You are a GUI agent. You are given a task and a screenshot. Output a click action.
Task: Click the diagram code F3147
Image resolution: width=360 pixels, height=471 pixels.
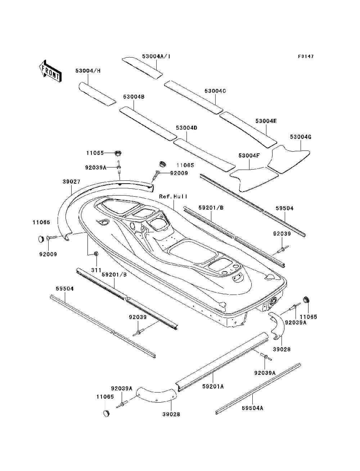306,57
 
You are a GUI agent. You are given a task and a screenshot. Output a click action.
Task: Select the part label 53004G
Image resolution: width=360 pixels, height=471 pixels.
300,137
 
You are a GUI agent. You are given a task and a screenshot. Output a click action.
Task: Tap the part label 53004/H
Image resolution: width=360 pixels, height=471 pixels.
88,71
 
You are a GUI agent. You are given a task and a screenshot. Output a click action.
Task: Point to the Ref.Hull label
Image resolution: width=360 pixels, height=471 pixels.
173,197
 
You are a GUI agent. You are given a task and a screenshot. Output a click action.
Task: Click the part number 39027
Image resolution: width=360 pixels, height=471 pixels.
71,182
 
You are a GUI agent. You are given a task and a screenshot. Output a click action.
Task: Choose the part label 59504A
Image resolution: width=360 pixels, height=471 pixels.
252,408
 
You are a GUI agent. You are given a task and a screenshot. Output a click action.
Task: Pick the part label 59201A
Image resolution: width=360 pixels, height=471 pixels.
213,386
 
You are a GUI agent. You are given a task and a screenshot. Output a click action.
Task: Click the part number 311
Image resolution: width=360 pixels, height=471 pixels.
96,270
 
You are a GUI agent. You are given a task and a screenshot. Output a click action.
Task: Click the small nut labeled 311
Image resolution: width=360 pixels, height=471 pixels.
96,254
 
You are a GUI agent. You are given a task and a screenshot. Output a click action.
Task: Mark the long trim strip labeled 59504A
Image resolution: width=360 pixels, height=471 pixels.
257,388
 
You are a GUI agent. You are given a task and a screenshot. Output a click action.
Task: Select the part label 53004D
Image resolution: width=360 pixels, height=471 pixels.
186,128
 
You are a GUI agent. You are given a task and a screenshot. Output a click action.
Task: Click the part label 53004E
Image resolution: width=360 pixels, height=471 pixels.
266,121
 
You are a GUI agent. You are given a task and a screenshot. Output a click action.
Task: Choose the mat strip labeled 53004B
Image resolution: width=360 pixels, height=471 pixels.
148,123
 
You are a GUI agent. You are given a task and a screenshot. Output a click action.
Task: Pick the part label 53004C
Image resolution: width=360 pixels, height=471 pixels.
215,91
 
